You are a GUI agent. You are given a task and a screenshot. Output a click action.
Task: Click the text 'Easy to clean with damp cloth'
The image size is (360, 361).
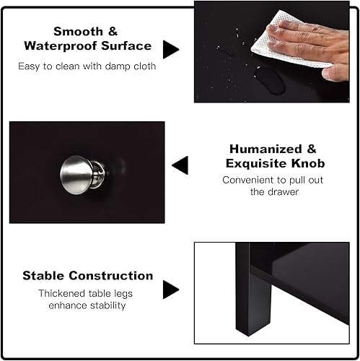click(87, 66)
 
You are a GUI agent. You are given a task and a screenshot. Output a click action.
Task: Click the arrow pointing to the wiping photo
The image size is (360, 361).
click(170, 49)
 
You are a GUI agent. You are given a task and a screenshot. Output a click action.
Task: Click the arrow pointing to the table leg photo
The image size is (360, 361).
click(170, 290)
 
